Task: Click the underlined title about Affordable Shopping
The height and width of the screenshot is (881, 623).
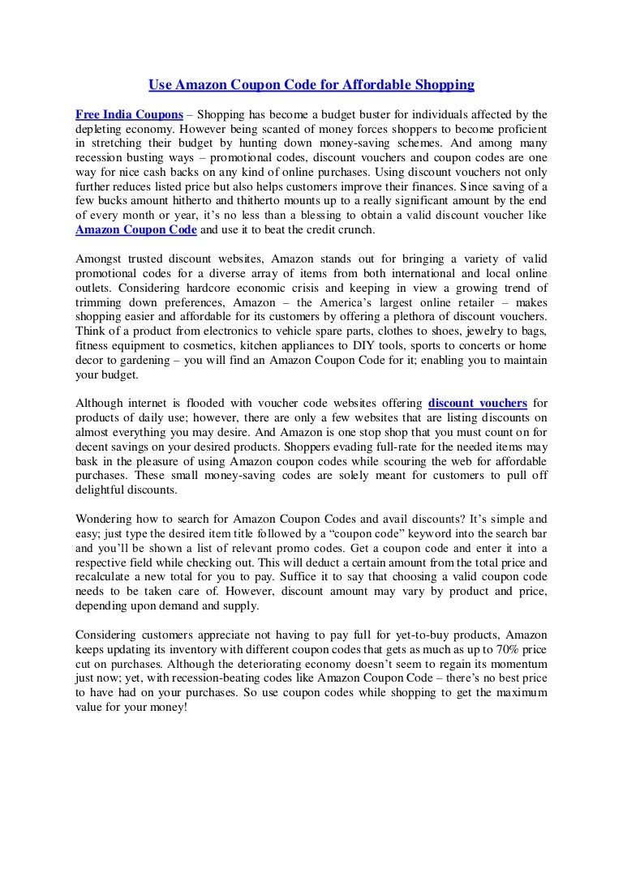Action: coord(311,84)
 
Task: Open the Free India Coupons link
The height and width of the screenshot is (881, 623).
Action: coord(129,114)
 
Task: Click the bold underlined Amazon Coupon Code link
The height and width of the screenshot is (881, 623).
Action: coord(136,230)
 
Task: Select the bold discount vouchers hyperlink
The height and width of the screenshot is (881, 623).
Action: coord(478,403)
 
